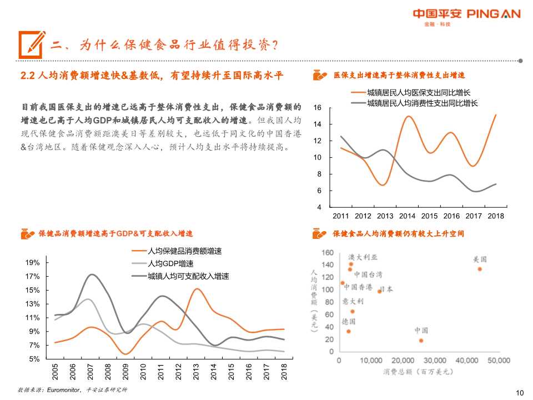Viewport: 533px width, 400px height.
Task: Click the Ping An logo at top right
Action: tap(466, 15)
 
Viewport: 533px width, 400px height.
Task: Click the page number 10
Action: tap(520, 393)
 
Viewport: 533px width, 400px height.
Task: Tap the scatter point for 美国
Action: tap(480, 269)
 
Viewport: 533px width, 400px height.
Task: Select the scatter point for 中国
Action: tap(421, 340)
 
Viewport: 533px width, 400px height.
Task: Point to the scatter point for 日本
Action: tap(380, 291)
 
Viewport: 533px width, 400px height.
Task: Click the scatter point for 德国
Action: tap(349, 331)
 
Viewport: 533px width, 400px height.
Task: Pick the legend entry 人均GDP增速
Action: tap(171, 263)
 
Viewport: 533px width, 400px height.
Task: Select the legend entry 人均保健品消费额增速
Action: tap(184, 251)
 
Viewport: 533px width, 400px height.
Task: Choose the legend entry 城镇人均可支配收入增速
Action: tap(188, 276)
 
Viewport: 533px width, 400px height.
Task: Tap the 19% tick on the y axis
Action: tap(33, 263)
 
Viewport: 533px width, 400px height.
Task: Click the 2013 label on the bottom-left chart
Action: tap(196, 372)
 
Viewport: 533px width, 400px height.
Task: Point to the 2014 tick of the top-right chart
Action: tap(407, 216)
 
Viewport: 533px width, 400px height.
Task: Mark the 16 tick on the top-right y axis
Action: tap(318, 108)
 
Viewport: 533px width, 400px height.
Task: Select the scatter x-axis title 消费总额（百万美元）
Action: tap(418, 372)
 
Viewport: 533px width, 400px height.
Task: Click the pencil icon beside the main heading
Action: tap(32, 43)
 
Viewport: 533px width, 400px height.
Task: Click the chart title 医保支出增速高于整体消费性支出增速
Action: tap(399, 75)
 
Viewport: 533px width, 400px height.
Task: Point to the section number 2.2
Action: tap(28, 76)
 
